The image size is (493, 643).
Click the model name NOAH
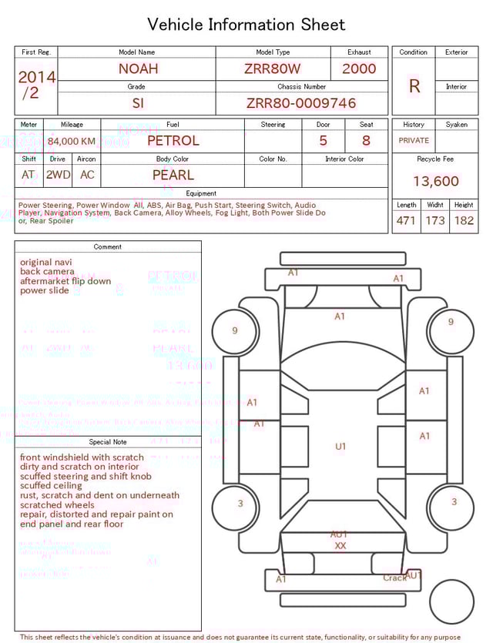tap(138, 69)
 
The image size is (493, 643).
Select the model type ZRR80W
tap(272, 69)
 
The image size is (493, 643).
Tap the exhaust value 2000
tap(359, 69)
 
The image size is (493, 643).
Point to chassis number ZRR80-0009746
tap(301, 103)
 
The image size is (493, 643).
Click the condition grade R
tap(414, 86)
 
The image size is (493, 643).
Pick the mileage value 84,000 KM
tap(72, 142)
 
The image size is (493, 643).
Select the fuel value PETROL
tap(173, 141)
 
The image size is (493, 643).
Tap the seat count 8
tap(366, 141)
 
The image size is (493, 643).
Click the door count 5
tap(323, 141)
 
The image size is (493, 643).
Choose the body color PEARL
tap(173, 175)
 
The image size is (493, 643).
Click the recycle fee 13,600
tap(435, 182)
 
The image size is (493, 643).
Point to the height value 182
tap(464, 221)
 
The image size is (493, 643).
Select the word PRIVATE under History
tap(414, 141)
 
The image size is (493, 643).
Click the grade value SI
tap(138, 103)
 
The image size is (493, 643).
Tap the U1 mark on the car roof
tap(340, 447)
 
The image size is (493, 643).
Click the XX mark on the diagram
tap(340, 545)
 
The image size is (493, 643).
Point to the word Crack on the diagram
tap(394, 578)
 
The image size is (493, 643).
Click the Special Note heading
tap(108, 442)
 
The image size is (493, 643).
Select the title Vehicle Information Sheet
tap(246, 25)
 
